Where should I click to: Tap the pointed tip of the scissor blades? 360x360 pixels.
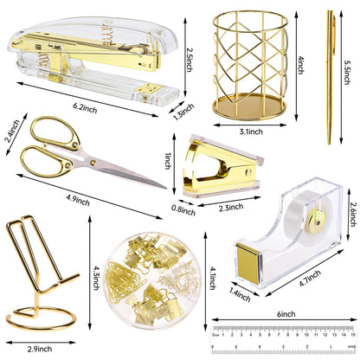click(x=164, y=188)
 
